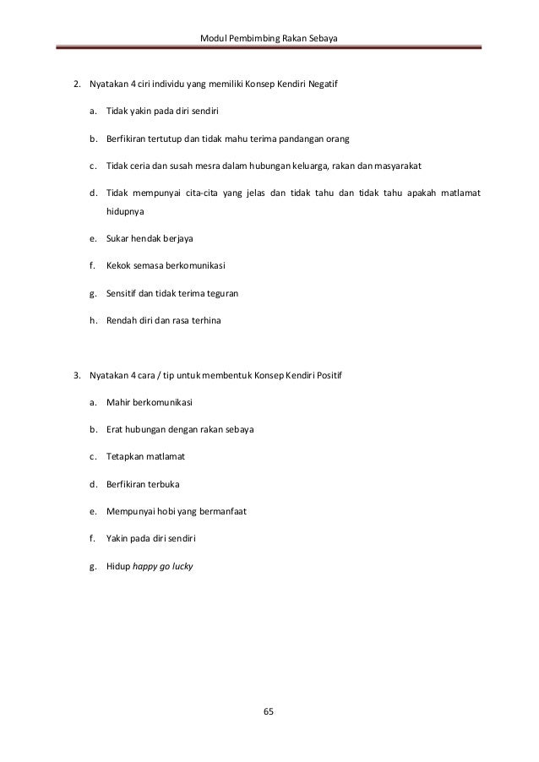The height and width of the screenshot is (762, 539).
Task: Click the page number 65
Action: tap(269, 711)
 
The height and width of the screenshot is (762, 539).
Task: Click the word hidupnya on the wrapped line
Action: tap(125, 216)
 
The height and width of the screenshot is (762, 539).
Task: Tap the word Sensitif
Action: tap(123, 294)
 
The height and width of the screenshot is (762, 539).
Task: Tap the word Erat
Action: tap(116, 429)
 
